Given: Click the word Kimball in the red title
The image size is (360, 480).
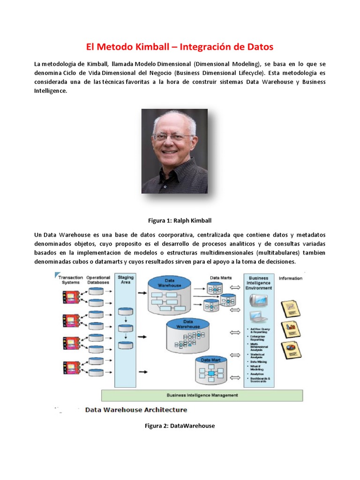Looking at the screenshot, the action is pos(154,47).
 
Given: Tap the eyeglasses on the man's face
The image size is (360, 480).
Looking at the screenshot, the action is pos(172,137).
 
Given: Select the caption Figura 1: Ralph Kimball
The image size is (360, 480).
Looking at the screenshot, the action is pos(180,219).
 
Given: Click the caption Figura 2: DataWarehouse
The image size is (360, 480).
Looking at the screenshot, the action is pos(180,426).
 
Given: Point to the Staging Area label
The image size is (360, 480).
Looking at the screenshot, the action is pos(125,280).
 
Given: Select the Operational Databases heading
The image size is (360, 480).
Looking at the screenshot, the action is pos(98,280).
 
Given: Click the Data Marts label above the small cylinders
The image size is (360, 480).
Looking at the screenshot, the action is pos(220,278).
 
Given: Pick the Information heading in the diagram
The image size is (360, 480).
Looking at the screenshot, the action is pos(290,278).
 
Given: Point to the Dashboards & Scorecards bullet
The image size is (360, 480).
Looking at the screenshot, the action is pos(261,380).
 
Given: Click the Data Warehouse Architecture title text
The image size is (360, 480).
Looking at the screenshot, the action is pos(136,410).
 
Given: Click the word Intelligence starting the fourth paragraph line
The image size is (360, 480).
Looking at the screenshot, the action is pos(51,91).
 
